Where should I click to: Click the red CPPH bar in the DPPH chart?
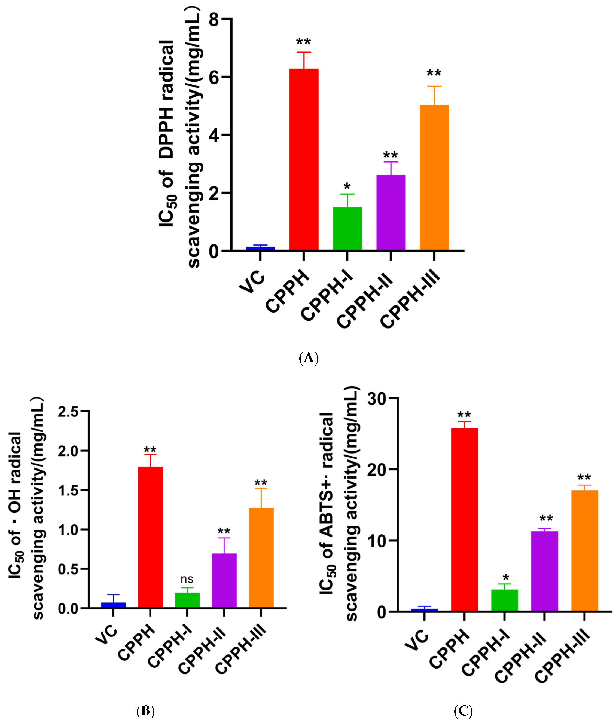(304, 159)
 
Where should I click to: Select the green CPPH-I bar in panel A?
(347, 229)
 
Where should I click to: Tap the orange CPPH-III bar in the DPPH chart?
(434, 177)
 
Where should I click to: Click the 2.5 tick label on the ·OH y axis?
(68, 412)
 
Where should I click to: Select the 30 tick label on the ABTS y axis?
(377, 399)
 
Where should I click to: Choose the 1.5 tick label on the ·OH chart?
(68, 491)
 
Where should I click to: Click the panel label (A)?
(309, 358)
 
